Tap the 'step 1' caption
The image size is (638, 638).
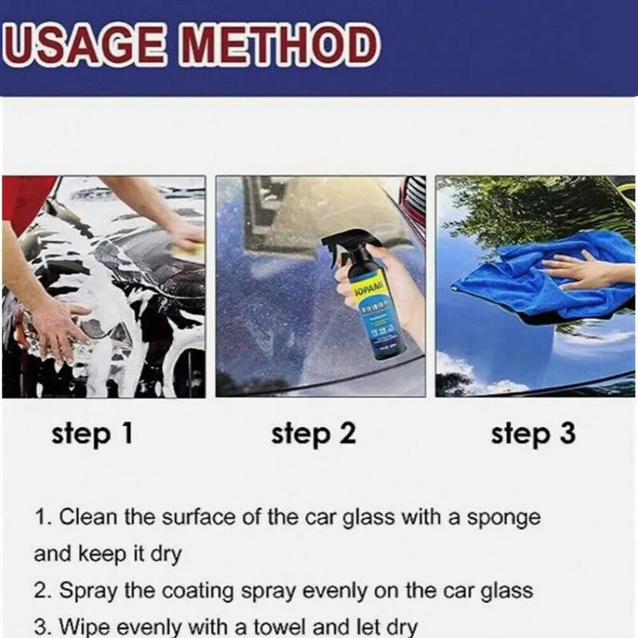[92, 434]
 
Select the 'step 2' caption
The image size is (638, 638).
[313, 434]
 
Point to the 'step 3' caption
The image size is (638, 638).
[533, 434]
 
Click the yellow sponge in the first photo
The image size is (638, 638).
[190, 251]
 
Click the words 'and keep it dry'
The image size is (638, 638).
[107, 554]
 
